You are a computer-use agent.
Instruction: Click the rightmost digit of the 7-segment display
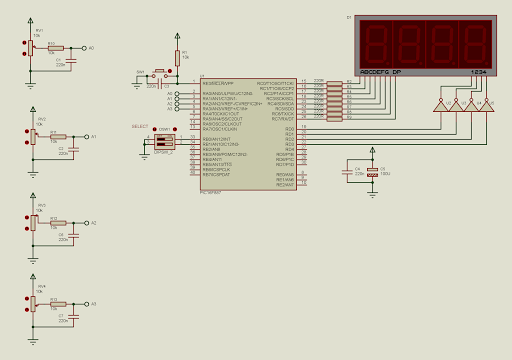click(476, 43)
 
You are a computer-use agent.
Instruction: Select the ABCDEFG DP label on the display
click(380, 73)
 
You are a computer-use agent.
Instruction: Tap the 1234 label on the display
click(478, 73)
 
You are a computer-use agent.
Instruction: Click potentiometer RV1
click(30, 46)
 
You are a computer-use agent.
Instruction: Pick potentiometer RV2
click(31, 135)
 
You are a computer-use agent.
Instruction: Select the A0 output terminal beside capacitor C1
click(86, 47)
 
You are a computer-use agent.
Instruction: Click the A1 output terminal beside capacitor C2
click(87, 136)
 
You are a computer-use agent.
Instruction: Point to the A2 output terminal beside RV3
click(87, 223)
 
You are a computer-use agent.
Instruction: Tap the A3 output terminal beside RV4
click(87, 303)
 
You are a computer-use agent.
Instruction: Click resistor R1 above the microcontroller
click(177, 57)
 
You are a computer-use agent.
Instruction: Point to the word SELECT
click(139, 126)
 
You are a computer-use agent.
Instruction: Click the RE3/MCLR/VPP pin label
click(218, 83)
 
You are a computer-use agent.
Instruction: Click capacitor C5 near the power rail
click(373, 172)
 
